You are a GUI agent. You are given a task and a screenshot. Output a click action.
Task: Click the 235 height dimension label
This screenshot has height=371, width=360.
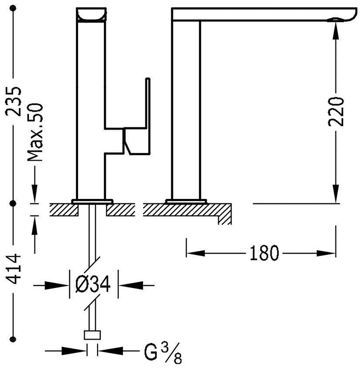14,101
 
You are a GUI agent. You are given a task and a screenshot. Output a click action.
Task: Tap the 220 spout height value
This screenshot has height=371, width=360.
336,111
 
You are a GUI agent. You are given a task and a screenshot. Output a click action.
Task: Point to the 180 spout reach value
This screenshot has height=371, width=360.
263,253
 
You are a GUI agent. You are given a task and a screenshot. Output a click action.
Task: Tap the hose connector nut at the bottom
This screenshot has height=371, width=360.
92,336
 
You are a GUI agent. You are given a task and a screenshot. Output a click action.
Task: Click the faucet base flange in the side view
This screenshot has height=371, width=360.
186,201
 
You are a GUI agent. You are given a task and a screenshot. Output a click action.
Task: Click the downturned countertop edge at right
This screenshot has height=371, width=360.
224,216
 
